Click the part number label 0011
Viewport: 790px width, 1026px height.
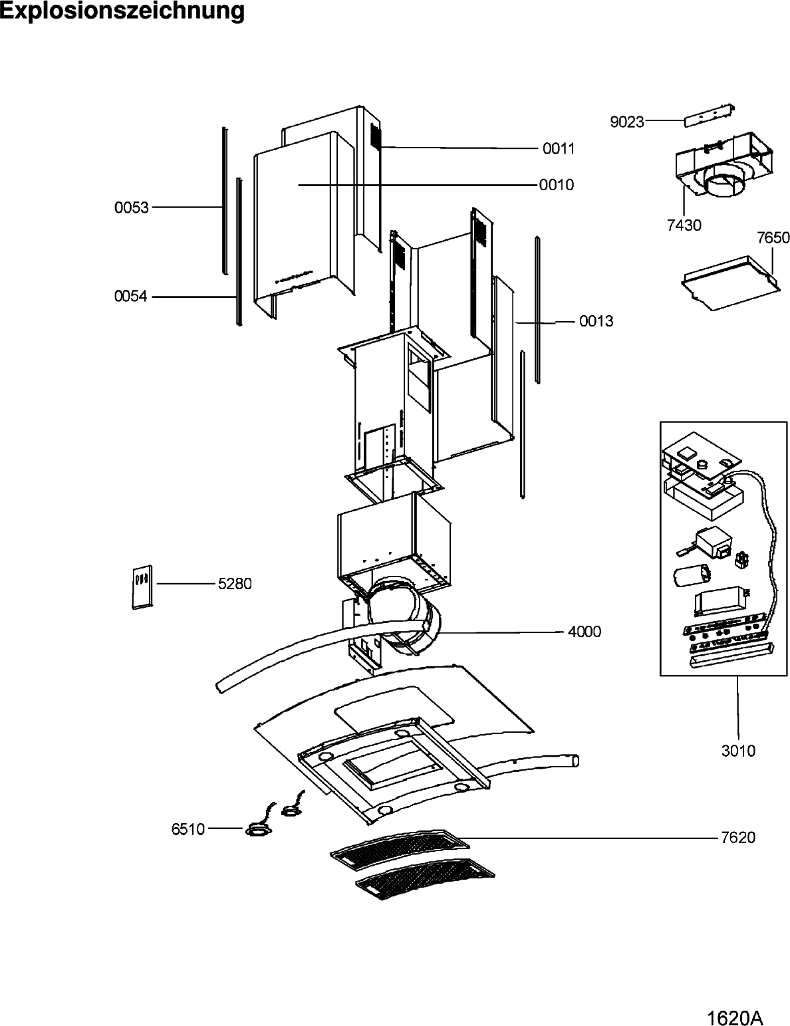(x=559, y=149)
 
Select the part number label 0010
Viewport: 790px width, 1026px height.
(x=556, y=185)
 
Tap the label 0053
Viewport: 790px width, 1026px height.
(x=131, y=207)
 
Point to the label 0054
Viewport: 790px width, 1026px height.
(x=131, y=297)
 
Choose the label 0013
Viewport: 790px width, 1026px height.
(x=596, y=321)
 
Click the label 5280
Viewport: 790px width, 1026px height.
(x=235, y=584)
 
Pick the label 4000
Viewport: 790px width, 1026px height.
(x=584, y=632)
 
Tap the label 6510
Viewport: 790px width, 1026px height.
(x=188, y=829)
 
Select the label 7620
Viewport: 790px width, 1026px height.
(x=738, y=838)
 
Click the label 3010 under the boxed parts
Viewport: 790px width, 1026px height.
(x=738, y=751)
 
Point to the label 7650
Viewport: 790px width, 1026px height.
(x=773, y=237)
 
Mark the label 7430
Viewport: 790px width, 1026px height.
(x=684, y=225)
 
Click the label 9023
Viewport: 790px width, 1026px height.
(x=627, y=122)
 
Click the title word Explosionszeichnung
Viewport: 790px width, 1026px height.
(x=122, y=11)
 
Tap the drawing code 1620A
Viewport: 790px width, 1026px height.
(x=735, y=1015)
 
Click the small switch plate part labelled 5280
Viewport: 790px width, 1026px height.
(x=142, y=587)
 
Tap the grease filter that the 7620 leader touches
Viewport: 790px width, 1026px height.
(x=400, y=848)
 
